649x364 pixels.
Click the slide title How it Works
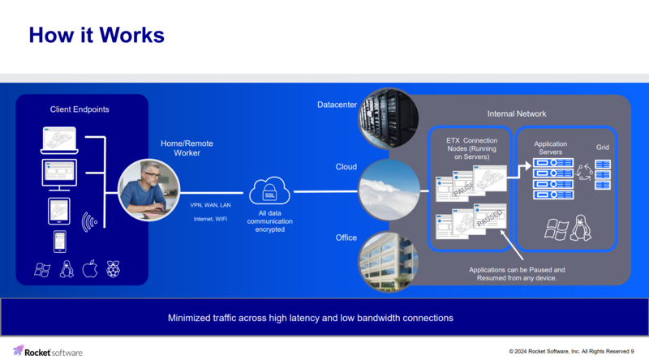[97, 36]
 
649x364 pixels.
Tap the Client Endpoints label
[80, 109]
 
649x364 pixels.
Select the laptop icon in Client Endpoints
[58, 140]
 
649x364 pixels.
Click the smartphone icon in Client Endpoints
[59, 241]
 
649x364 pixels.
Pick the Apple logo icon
[89, 269]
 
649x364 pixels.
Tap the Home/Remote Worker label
[187, 148]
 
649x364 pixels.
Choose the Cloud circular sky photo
[389, 190]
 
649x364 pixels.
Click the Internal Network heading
[517, 114]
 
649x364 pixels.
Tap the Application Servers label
[556, 148]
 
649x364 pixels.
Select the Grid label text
[603, 148]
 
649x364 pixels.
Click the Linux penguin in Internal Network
[580, 229]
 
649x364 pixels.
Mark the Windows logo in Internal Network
[556, 229]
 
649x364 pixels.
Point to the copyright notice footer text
[571, 352]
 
